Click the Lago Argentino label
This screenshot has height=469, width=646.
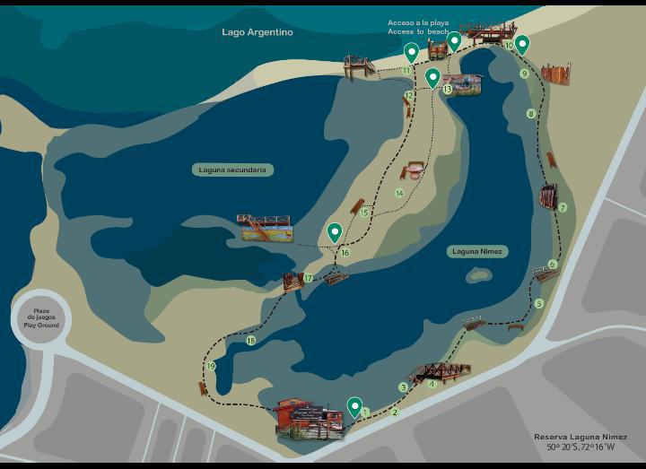(x=258, y=32)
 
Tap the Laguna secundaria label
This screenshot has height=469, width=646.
(x=233, y=169)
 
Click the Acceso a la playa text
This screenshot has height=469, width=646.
(x=418, y=23)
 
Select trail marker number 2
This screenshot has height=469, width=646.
(x=395, y=413)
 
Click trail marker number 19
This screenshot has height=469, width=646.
(x=211, y=367)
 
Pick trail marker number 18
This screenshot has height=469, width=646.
(x=251, y=341)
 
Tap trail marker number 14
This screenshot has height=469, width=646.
(x=399, y=193)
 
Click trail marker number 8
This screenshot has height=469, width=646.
(x=531, y=114)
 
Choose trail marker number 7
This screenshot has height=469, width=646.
(x=563, y=207)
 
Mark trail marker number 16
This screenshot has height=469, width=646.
(x=345, y=253)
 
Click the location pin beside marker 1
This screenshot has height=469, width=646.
(x=354, y=406)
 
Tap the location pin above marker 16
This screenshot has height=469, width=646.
(x=335, y=232)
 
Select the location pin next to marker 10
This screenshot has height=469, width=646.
(x=522, y=43)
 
